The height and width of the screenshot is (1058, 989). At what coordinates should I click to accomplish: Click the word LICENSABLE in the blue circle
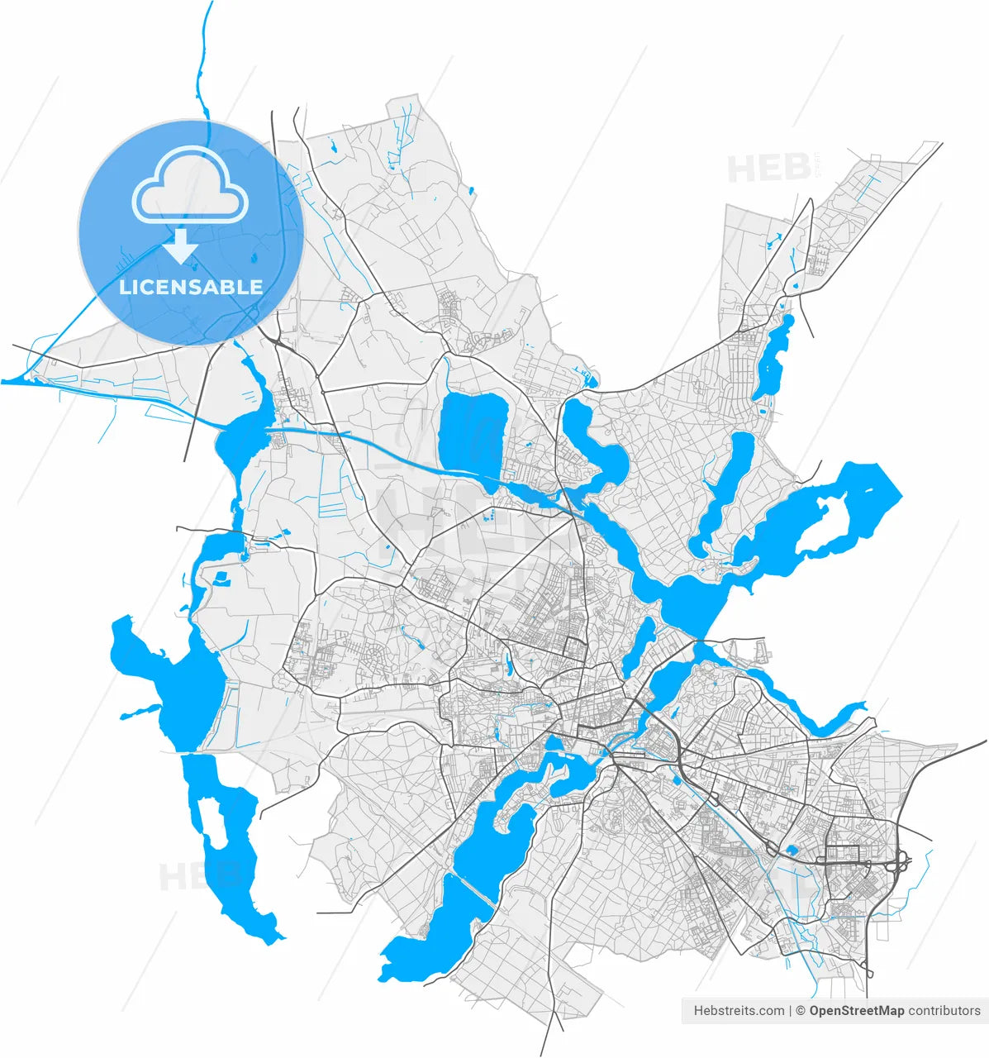tap(191, 288)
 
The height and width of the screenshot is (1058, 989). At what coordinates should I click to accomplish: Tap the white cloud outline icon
tap(191, 187)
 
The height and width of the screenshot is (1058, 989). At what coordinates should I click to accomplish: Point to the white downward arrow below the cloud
tap(180, 246)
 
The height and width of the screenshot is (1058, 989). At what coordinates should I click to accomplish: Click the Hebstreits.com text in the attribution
tap(739, 1010)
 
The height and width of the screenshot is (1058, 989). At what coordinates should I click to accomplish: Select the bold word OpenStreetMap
tap(856, 1010)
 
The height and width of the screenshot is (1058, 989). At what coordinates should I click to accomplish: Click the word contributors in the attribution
tap(944, 1010)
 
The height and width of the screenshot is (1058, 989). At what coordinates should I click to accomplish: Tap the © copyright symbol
tap(800, 1010)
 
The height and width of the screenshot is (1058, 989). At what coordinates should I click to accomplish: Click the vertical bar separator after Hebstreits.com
tap(790, 1010)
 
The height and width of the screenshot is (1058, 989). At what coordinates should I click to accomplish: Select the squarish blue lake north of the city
tap(471, 431)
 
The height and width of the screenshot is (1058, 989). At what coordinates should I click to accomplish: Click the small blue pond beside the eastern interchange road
tap(792, 850)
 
